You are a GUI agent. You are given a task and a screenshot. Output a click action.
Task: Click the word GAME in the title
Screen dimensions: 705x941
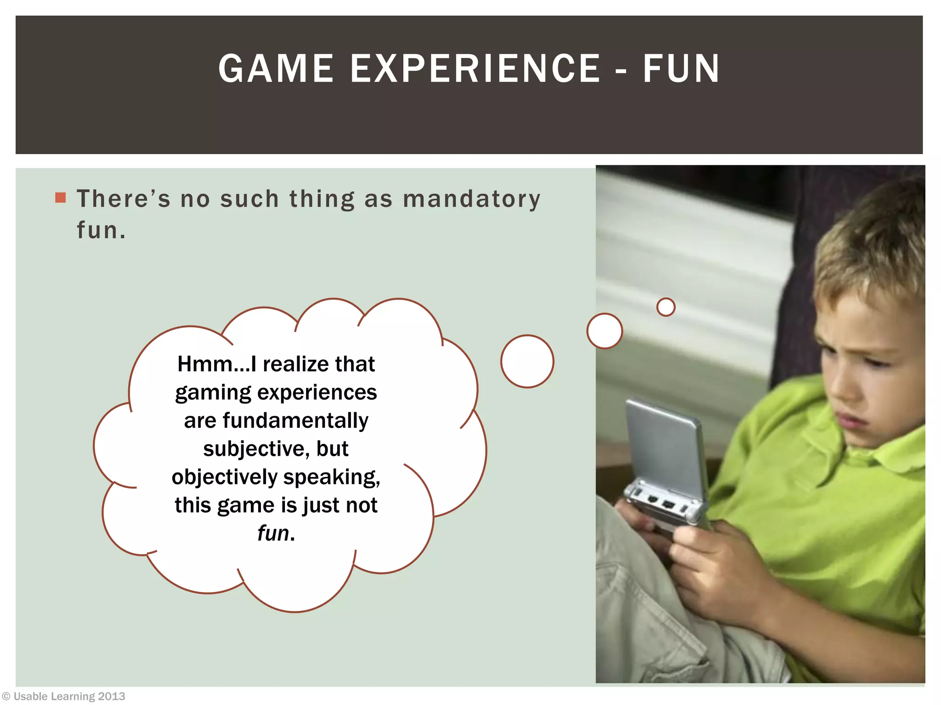276,69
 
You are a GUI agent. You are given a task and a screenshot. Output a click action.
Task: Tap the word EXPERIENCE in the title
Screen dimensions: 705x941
476,69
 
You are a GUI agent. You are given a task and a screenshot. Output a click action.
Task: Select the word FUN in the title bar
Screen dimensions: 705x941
681,69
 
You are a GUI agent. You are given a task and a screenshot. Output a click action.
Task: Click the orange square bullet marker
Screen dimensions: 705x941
60,197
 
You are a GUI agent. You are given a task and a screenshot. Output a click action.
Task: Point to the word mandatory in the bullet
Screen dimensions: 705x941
471,199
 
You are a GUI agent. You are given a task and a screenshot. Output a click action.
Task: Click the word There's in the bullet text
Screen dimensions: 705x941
123,199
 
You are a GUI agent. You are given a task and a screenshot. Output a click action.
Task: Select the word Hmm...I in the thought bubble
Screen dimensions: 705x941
216,364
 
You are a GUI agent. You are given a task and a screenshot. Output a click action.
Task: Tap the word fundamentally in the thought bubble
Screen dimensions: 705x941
295,420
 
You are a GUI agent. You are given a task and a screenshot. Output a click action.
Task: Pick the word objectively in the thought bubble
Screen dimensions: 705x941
224,477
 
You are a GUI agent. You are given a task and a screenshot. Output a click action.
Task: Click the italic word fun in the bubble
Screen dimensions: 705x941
272,533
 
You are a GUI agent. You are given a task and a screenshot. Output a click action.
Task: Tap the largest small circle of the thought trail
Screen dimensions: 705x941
527,361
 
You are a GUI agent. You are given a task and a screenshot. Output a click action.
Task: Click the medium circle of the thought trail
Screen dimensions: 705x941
604,330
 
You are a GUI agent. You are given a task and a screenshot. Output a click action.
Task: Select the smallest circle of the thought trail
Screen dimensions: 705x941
666,307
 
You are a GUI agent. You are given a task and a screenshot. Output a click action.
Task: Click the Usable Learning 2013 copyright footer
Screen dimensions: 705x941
64,696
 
